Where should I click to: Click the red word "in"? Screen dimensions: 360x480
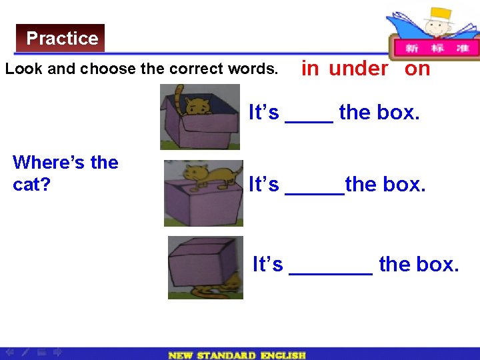click(x=310, y=69)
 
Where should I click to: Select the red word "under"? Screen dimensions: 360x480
click(x=358, y=69)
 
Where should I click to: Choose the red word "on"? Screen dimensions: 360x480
click(x=417, y=69)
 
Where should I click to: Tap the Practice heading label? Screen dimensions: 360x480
click(x=62, y=38)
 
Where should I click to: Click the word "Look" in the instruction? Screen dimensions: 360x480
click(x=22, y=69)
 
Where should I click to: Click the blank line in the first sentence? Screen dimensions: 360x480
click(x=309, y=120)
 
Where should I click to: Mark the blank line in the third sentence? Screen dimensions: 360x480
click(x=331, y=272)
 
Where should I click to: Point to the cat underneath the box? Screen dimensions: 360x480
click(x=213, y=288)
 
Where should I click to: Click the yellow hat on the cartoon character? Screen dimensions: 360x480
click(x=440, y=15)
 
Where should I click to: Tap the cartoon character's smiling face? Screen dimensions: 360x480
click(x=437, y=29)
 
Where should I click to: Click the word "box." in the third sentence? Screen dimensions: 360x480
click(x=437, y=265)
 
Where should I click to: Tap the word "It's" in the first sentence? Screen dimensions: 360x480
click(x=264, y=113)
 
